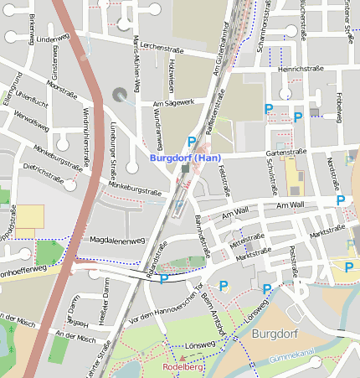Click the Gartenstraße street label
coord(282,153)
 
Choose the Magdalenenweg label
coord(117,240)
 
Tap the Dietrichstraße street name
coord(44,172)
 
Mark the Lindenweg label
coord(52,39)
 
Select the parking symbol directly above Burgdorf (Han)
coord(192,142)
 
